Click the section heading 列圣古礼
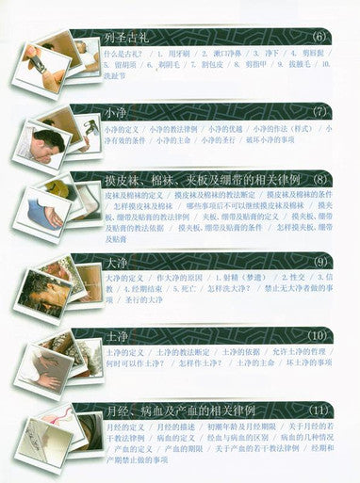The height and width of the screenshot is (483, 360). [126, 40]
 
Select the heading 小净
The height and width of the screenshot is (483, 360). [115, 113]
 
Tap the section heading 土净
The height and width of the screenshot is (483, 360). [115, 334]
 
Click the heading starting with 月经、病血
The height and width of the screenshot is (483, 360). [188, 411]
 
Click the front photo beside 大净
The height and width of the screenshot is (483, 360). [42, 288]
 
